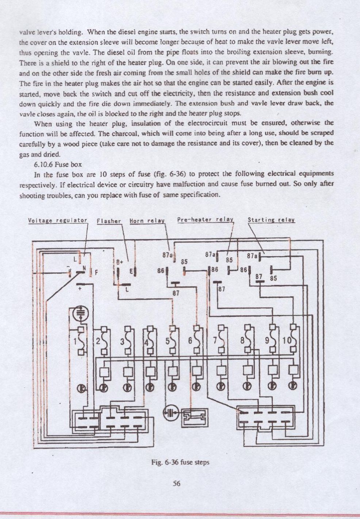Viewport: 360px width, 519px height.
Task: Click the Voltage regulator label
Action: click(x=57, y=220)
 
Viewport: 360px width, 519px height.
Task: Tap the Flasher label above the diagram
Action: click(x=109, y=221)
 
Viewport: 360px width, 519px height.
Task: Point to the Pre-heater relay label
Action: click(x=205, y=219)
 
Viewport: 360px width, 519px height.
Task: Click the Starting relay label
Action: click(x=271, y=220)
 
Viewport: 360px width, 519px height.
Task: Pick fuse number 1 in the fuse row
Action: click(x=80, y=341)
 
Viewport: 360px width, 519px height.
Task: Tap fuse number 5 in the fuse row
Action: click(x=172, y=341)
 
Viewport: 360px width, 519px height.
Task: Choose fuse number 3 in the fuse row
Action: click(x=127, y=341)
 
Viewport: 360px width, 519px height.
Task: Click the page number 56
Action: click(x=177, y=484)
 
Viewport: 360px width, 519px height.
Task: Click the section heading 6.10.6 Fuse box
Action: click(x=58, y=164)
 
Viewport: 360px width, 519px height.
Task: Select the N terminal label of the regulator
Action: click(x=84, y=268)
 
